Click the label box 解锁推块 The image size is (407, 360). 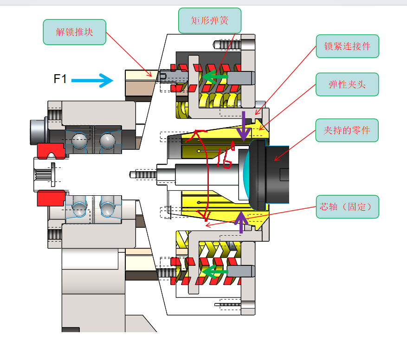74,32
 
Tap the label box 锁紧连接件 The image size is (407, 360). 347,46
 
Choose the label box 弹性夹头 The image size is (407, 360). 347,84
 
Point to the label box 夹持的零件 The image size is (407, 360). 347,130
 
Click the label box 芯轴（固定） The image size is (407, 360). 347,207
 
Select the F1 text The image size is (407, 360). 60,79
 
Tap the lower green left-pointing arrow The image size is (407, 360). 215,272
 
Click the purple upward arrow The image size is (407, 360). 241,222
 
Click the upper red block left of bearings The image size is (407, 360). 50,150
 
